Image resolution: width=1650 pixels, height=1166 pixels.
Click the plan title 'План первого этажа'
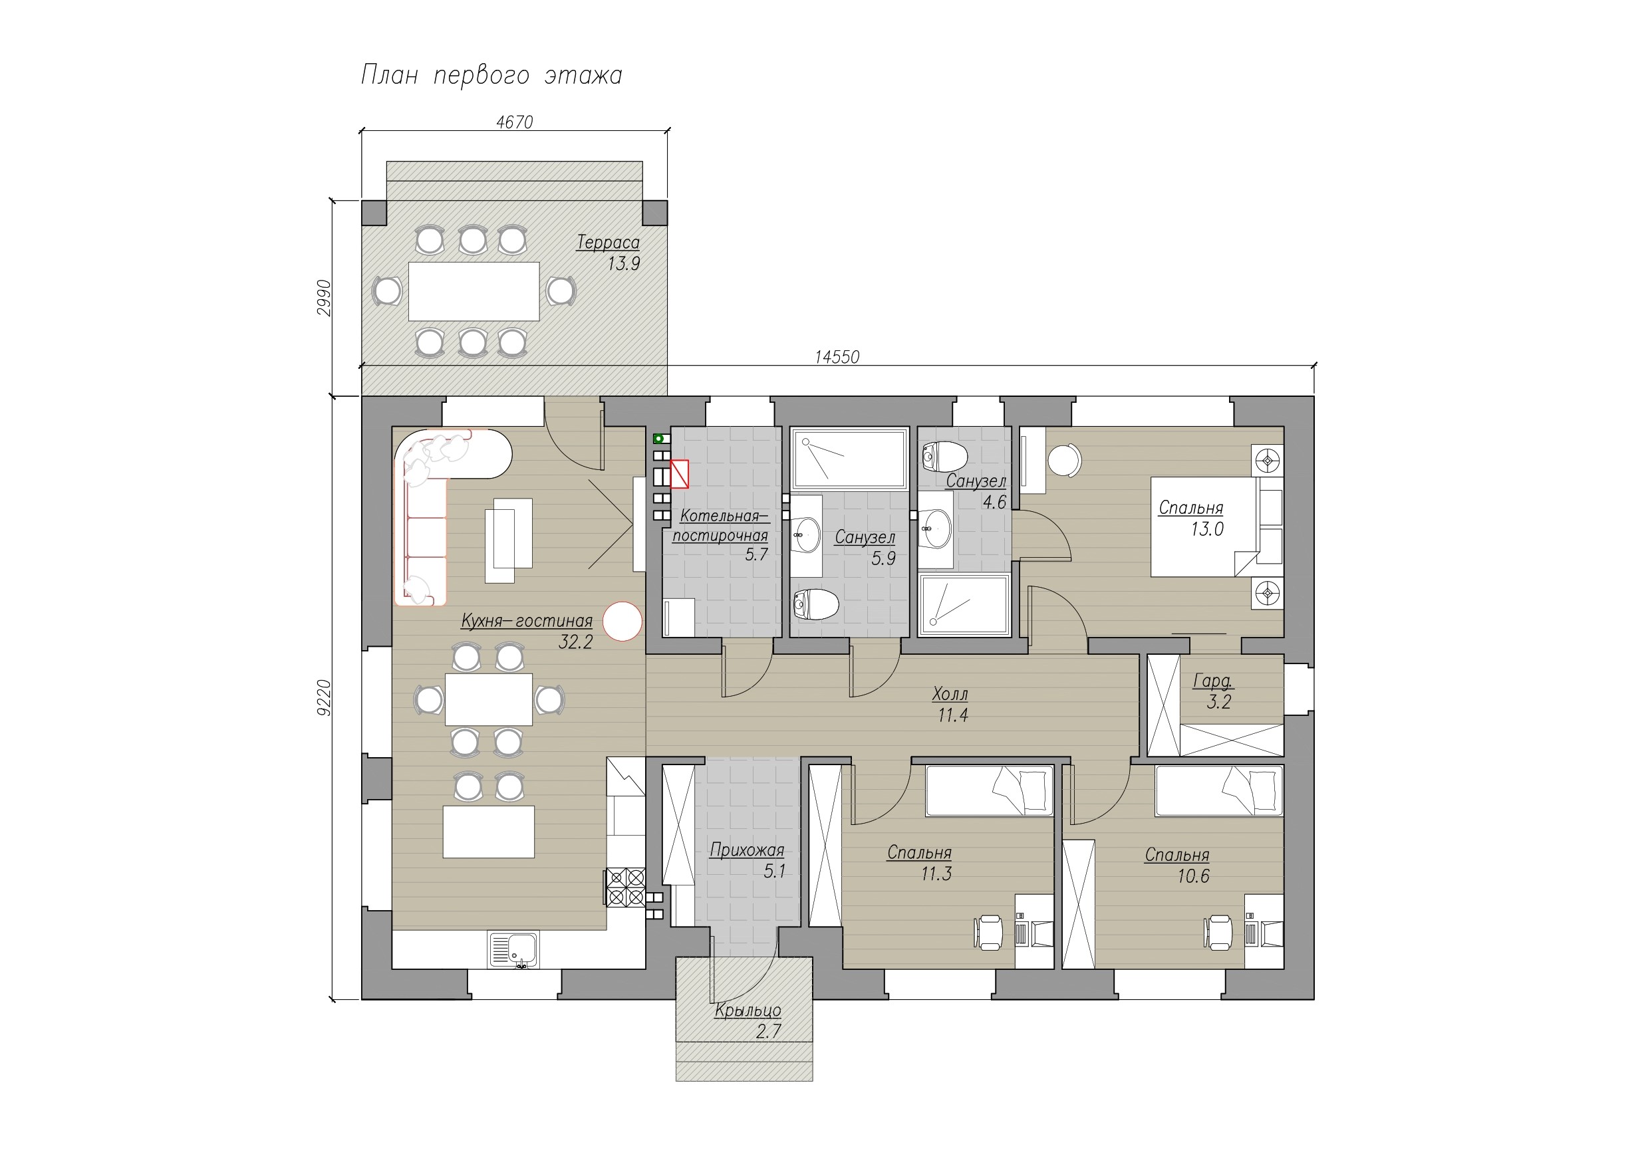[491, 75]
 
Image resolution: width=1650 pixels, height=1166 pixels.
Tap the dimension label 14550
[837, 357]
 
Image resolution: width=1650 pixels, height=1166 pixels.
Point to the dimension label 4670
[515, 123]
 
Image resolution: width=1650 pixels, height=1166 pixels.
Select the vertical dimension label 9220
[324, 697]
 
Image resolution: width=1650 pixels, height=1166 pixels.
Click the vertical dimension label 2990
[324, 297]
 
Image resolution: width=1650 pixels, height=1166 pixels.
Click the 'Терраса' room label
[608, 243]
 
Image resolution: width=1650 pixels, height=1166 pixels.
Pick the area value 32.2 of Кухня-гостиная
[576, 642]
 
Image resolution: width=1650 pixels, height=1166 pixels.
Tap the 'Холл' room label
[950, 694]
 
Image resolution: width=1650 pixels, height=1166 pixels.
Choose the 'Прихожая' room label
[747, 851]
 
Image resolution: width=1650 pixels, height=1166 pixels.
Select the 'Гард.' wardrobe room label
[1213, 681]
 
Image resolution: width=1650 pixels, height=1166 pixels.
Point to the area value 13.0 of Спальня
[1207, 529]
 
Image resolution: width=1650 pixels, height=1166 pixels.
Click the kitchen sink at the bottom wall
[514, 950]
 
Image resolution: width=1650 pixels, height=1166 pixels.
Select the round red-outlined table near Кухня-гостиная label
[622, 621]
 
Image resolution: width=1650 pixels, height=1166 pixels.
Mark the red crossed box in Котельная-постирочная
[679, 474]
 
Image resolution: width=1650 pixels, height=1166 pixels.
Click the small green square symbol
[658, 438]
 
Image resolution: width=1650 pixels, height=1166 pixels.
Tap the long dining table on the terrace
[474, 291]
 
